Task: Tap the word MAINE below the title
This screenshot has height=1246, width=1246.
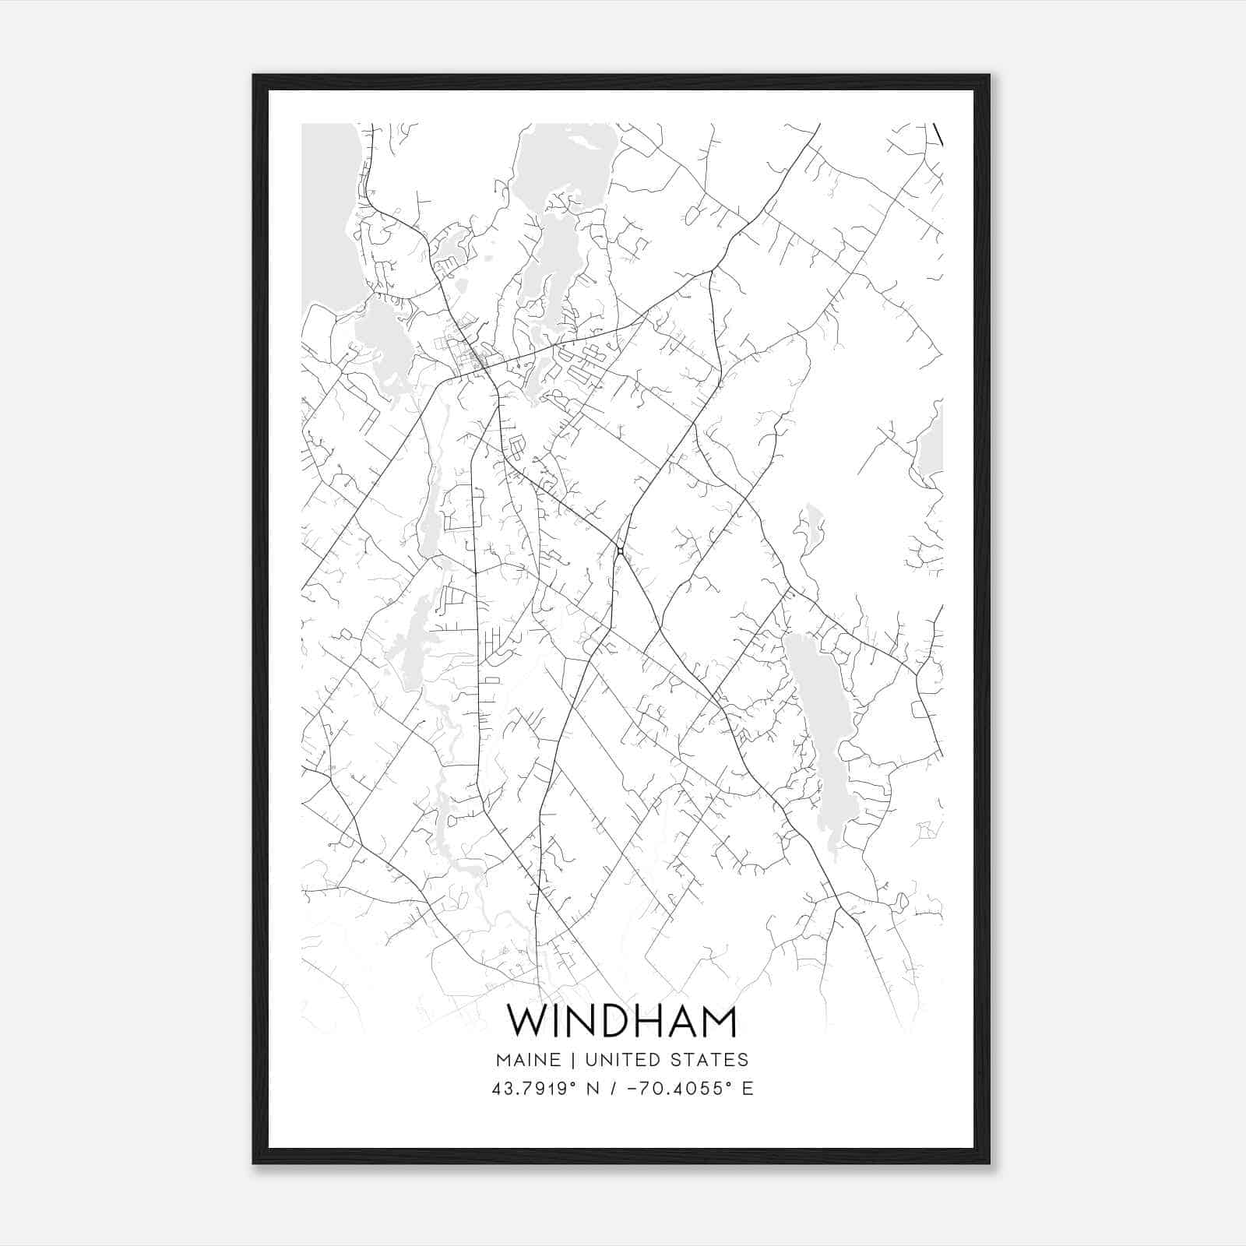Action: coord(526,1060)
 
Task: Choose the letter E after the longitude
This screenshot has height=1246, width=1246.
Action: coord(748,1089)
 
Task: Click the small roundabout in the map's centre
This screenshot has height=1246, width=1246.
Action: coord(620,551)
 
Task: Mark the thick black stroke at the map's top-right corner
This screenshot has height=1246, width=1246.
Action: coord(938,134)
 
